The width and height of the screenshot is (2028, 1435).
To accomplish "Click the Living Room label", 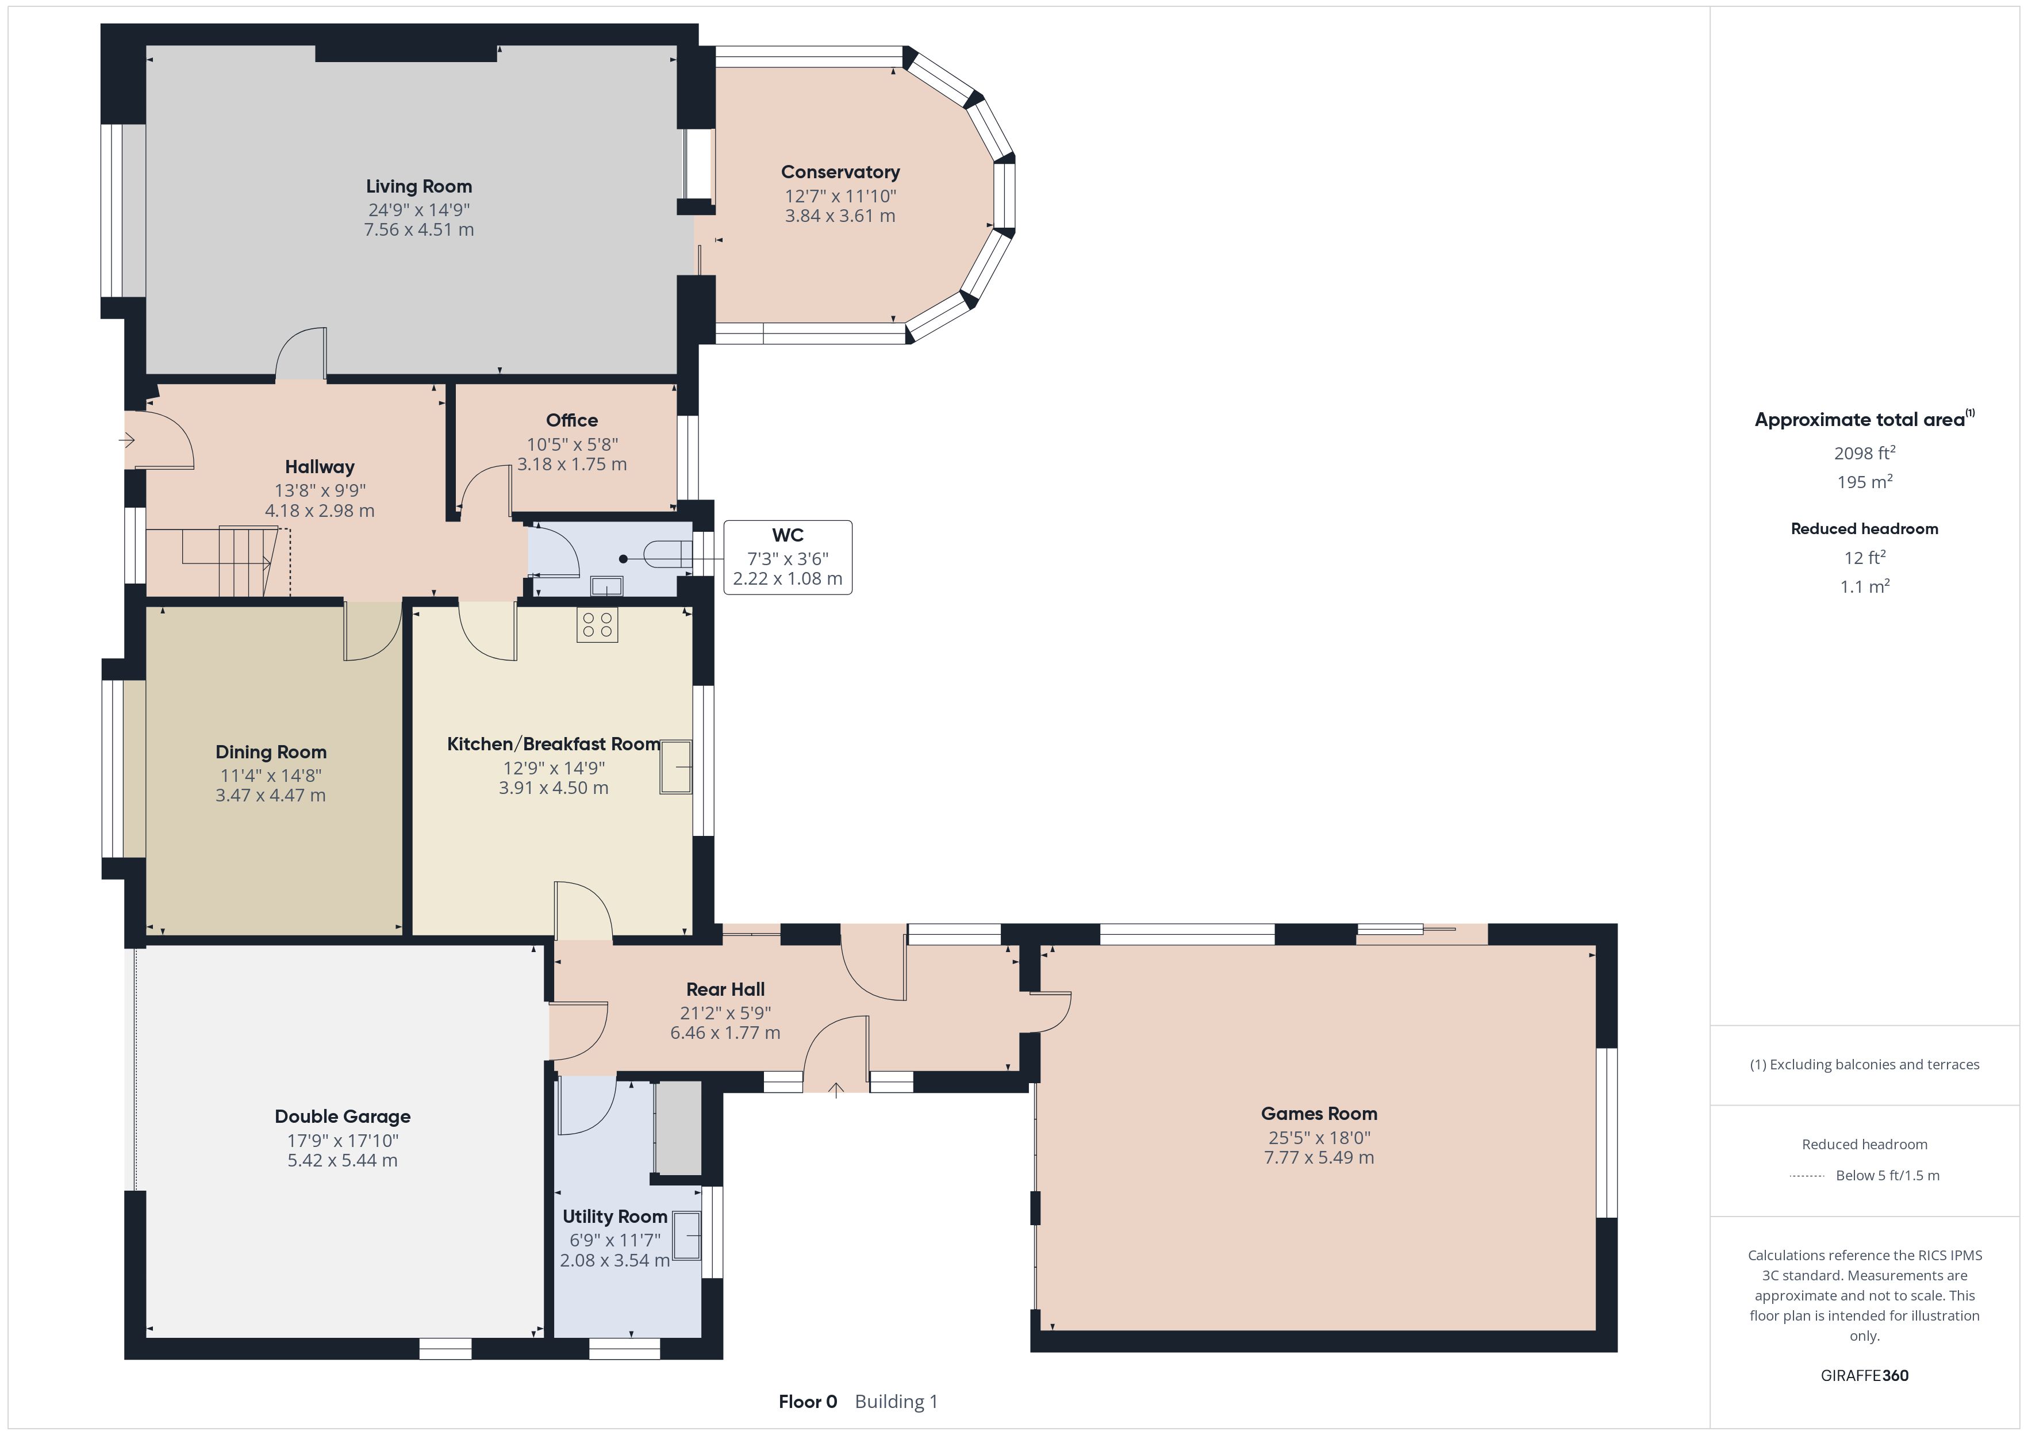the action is coord(418,186).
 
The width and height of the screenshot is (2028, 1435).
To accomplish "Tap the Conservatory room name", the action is coord(840,172).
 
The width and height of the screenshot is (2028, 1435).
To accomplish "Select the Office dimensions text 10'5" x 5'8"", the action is coord(573,444).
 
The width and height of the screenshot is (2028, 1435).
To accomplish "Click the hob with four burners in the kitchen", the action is coord(597,625).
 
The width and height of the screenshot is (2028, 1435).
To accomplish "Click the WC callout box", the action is coord(788,558).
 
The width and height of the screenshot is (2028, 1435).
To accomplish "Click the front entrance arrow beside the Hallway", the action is coord(127,440).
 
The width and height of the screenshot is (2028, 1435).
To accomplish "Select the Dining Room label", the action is coord(271,752).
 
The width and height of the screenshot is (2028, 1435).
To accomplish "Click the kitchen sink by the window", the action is coord(675,767).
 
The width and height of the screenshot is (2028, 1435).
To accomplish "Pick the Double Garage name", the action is coord(343,1117).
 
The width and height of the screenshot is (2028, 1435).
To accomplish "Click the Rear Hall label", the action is coord(725,989).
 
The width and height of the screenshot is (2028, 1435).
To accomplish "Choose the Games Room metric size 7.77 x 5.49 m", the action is coord(1319,1157).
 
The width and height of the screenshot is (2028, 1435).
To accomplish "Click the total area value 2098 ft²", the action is coord(1865,452).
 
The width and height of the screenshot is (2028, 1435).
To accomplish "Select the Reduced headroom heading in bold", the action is coord(1865,528).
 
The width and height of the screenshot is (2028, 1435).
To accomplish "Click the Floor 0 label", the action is coord(807,1402).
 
